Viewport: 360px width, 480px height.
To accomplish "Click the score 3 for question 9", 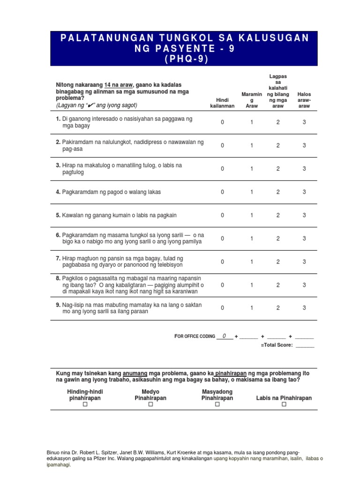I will [x=304, y=308].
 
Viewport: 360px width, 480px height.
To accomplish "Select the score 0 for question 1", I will [x=223, y=122].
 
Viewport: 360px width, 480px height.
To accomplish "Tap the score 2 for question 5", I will [x=277, y=215].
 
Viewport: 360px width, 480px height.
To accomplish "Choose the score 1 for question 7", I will [x=251, y=262].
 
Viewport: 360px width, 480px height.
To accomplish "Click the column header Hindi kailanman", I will [x=222, y=103].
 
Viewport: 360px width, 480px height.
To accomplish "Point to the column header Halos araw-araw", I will [x=304, y=100].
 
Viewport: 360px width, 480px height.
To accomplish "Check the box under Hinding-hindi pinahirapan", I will [x=85, y=405].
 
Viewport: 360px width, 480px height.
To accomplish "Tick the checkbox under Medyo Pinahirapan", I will [x=150, y=405].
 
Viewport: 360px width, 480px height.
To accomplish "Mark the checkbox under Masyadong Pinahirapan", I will [x=217, y=405].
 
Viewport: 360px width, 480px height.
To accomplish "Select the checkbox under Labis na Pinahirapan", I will [x=284, y=405].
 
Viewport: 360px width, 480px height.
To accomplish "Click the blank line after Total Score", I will [x=305, y=345].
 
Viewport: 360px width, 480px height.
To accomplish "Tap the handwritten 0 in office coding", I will [x=225, y=336].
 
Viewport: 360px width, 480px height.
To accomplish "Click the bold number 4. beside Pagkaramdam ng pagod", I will [x=59, y=192].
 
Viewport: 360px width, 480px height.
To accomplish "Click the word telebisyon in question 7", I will [x=168, y=265].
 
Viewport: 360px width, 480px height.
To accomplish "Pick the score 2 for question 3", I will [x=277, y=169].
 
